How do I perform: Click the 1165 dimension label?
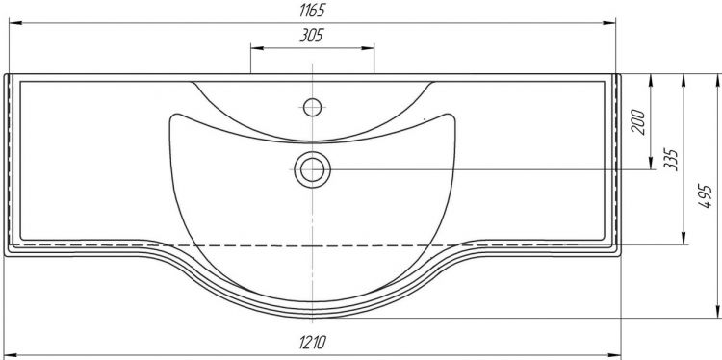tap(312, 11)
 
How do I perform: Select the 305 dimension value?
tap(312, 35)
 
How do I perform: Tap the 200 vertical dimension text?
tap(637, 121)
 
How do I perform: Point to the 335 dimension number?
tap(671, 160)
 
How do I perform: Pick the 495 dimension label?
tap(705, 196)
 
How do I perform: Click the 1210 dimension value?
tap(313, 343)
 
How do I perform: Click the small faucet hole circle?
tap(312, 107)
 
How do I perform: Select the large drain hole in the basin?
tap(312, 169)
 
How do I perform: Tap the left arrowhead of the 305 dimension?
tap(257, 48)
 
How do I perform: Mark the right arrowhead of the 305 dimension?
tap(368, 48)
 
